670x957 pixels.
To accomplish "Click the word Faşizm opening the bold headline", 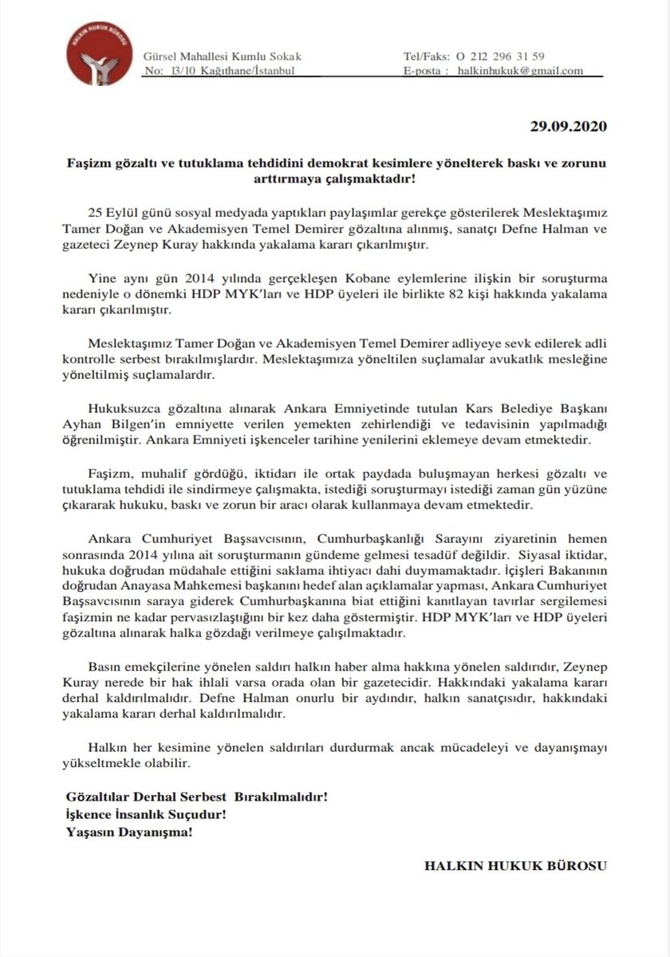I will coord(85,162).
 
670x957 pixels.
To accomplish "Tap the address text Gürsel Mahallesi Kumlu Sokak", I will coord(223,56).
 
